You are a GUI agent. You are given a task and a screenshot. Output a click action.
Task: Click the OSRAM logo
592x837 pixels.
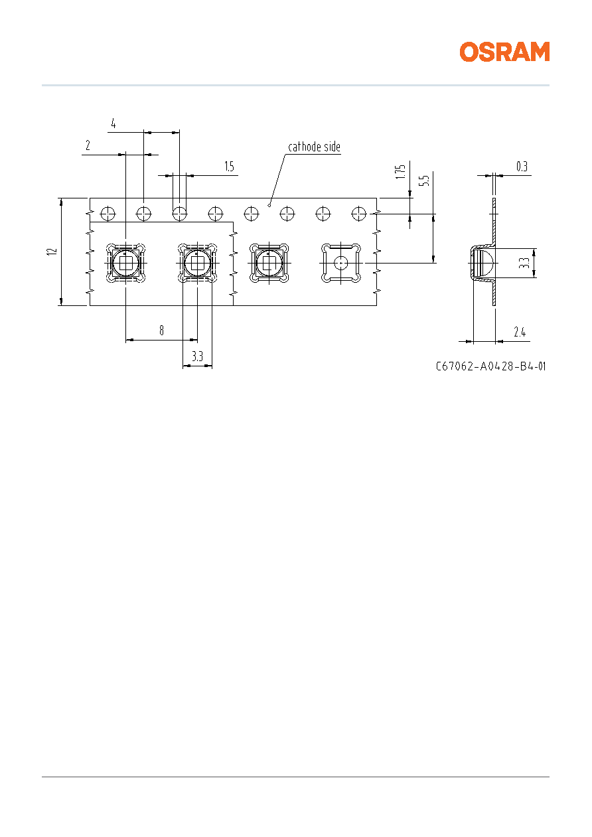504,52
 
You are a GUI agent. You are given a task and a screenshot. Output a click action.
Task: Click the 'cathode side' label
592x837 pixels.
314,147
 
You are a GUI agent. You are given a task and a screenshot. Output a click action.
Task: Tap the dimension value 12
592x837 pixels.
52,252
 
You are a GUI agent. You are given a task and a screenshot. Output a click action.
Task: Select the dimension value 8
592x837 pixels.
161,331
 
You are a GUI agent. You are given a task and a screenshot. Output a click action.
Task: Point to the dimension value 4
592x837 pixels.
113,123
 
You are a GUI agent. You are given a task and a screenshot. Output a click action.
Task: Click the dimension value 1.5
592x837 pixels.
229,167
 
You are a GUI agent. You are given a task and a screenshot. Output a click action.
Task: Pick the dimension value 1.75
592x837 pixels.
400,172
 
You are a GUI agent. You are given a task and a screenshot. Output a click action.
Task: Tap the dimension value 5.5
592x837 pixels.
424,181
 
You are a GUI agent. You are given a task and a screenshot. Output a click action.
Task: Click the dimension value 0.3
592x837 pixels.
522,167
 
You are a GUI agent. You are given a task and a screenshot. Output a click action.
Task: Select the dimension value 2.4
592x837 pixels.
520,331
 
